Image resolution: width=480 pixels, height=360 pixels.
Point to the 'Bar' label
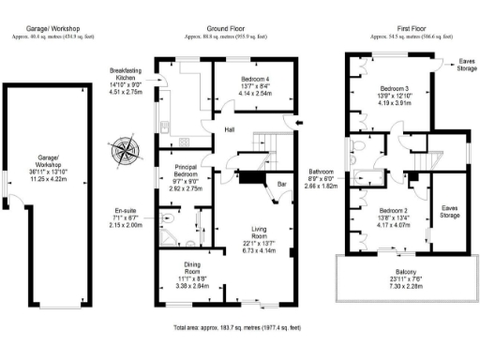pos(280,185)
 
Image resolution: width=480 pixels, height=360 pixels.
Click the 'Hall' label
pos(230,129)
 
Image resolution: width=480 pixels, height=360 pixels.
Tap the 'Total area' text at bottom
pos(236,328)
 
